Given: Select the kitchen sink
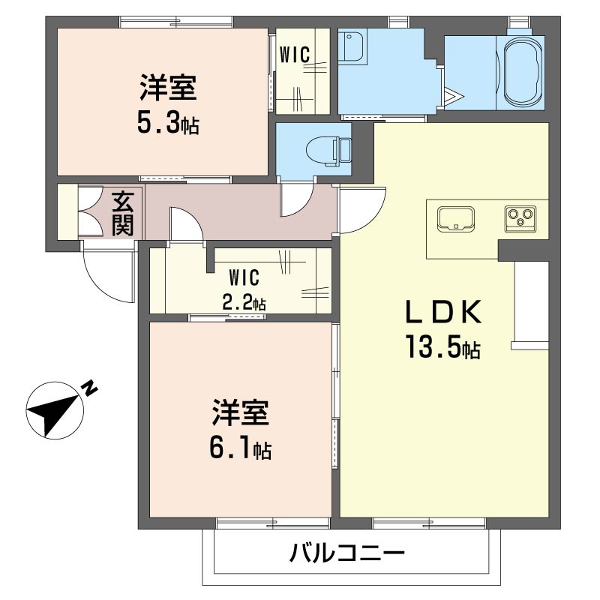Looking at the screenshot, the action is coord(456,219).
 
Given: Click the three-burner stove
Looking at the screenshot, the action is coord(520,218).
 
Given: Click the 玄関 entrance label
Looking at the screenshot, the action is coord(123,214).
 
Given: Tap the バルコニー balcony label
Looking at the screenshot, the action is coord(346,553).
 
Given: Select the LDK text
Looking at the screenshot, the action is coord(443,312).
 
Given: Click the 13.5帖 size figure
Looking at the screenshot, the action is coord(443,346).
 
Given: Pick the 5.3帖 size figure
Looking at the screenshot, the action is coord(168,122).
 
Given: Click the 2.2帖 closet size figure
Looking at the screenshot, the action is coord(244,304).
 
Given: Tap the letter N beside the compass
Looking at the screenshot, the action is coord(90,388).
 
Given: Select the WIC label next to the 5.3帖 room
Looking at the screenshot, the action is coord(295,54).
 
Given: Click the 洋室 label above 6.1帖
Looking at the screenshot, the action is coord(241,413).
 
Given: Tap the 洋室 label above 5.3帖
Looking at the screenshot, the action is coord(168,88).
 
